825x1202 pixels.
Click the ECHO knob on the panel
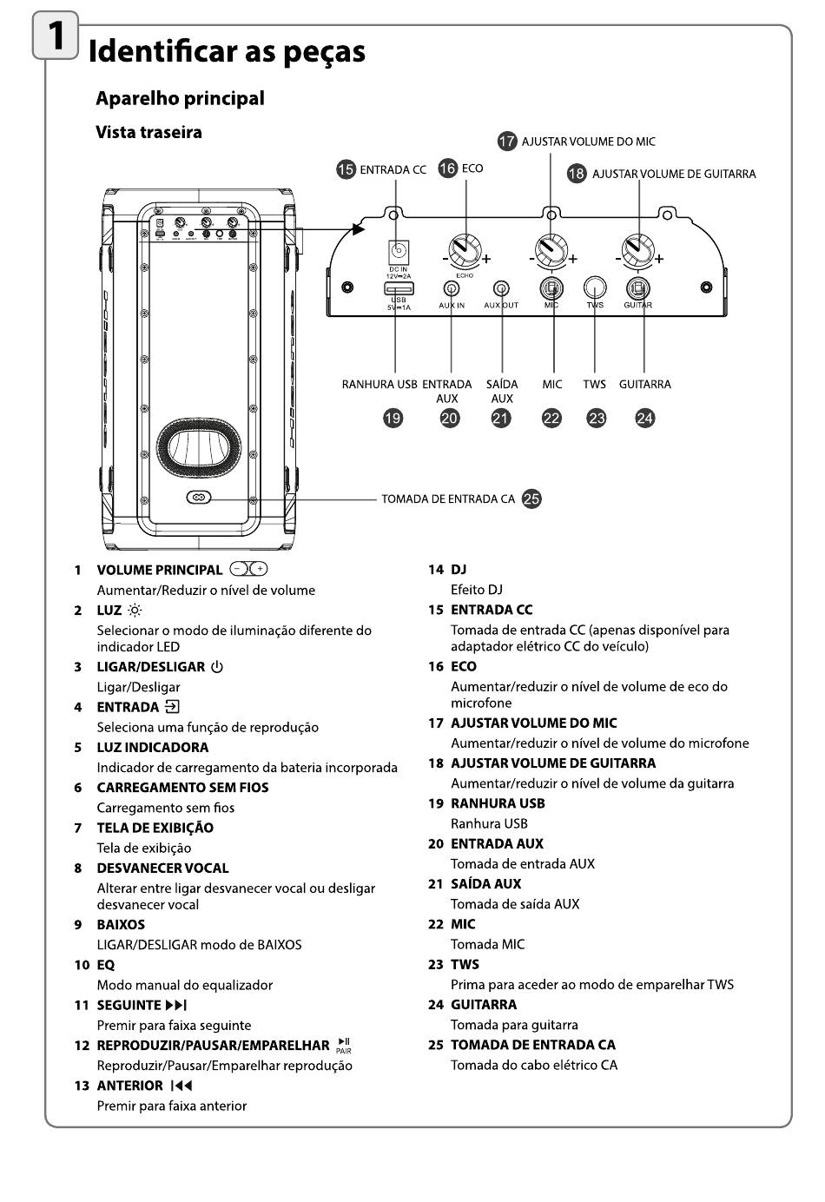point(465,251)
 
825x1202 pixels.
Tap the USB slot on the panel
point(399,288)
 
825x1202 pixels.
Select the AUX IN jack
point(452,288)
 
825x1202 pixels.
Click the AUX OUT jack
point(501,288)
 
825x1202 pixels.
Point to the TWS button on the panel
point(595,287)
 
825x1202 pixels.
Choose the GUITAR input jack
point(638,287)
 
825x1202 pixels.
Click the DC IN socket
point(398,252)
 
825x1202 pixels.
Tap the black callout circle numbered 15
point(346,169)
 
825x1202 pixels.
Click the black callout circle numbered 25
point(531,499)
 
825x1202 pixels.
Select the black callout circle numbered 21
point(501,419)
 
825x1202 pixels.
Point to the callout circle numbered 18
point(577,174)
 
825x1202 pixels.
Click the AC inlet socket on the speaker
point(198,499)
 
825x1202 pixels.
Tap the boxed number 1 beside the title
point(55,36)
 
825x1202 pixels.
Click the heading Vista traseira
point(148,132)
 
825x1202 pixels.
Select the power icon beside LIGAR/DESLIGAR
point(217,667)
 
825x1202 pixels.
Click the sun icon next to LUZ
point(134,611)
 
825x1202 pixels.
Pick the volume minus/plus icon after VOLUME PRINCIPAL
point(248,570)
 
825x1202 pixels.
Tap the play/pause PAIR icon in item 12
point(344,1045)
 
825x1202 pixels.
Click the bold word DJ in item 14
point(459,570)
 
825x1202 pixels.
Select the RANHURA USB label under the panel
point(379,384)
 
